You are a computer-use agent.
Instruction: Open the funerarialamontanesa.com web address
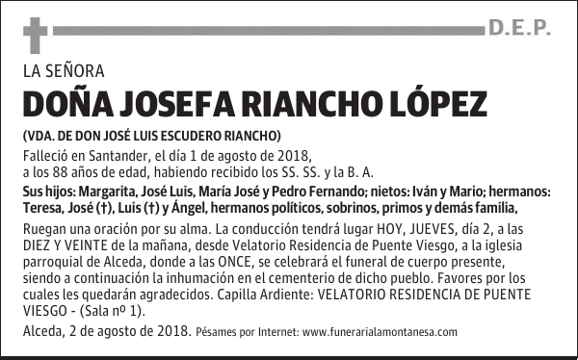pyautogui.click(x=380, y=332)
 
